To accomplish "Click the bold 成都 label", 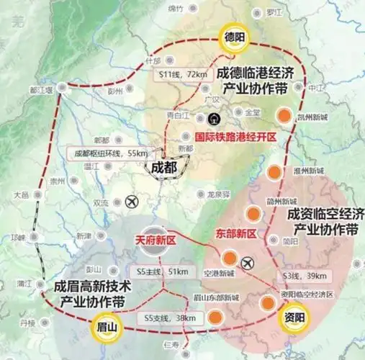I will (163, 166).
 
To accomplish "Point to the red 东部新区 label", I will (236, 234).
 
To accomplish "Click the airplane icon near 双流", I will (132, 202).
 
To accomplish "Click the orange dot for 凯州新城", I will (286, 114).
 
